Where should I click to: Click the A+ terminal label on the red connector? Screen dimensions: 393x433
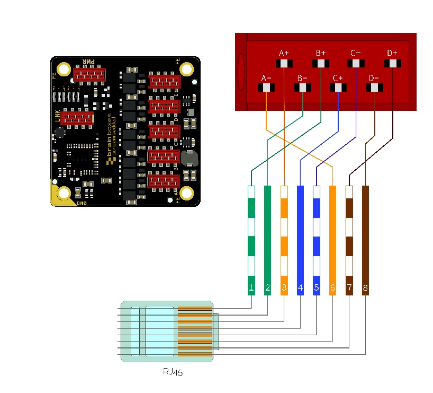point(284,53)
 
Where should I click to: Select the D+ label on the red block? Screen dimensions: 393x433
point(392,53)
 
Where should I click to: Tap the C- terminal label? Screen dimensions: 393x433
point(356,53)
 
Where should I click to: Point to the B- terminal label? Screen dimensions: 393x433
point(302,78)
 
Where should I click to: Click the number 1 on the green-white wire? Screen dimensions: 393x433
point(251,289)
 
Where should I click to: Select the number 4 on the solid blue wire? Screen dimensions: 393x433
point(300,289)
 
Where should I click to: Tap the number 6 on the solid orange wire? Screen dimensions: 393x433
point(332,289)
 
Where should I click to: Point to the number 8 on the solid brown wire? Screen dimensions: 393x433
point(365,289)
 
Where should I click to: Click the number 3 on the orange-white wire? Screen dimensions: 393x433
point(284,289)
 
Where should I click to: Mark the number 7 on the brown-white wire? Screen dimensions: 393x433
point(349,289)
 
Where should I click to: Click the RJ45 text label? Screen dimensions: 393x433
point(173,373)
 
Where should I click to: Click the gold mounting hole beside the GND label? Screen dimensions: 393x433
point(65,194)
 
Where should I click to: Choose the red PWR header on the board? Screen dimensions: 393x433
point(88,75)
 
